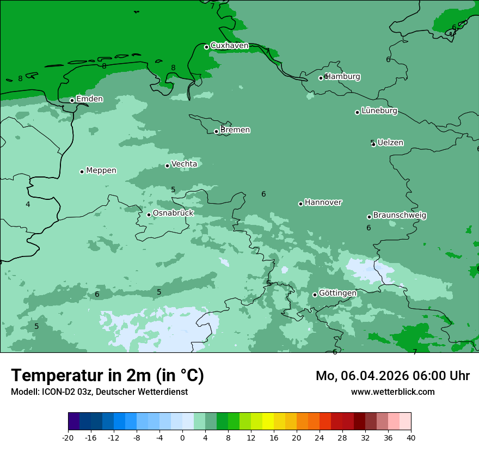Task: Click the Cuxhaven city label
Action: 229,46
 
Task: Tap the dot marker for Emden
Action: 72,100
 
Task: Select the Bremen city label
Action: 235,130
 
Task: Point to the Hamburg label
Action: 342,77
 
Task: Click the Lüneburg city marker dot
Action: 357,112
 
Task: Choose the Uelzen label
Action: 390,143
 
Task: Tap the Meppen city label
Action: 101,170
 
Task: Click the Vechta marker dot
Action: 167,166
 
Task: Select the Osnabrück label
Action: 173,213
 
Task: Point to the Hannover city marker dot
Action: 300,204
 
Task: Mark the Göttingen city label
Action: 337,294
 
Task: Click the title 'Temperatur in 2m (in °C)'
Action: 107,376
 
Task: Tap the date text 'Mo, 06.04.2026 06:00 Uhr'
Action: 392,376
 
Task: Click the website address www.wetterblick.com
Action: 392,392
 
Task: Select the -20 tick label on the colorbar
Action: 68,438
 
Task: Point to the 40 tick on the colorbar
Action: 411,438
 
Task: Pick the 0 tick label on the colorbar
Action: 182,438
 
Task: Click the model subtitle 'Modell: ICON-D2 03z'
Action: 99,392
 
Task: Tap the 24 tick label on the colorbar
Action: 320,438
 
